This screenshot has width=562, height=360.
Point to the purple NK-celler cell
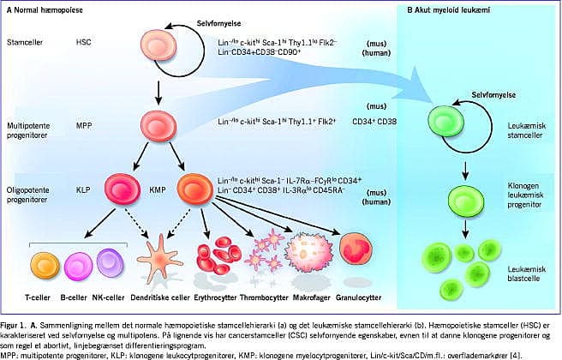point(111,261)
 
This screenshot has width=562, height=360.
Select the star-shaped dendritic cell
point(155,260)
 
